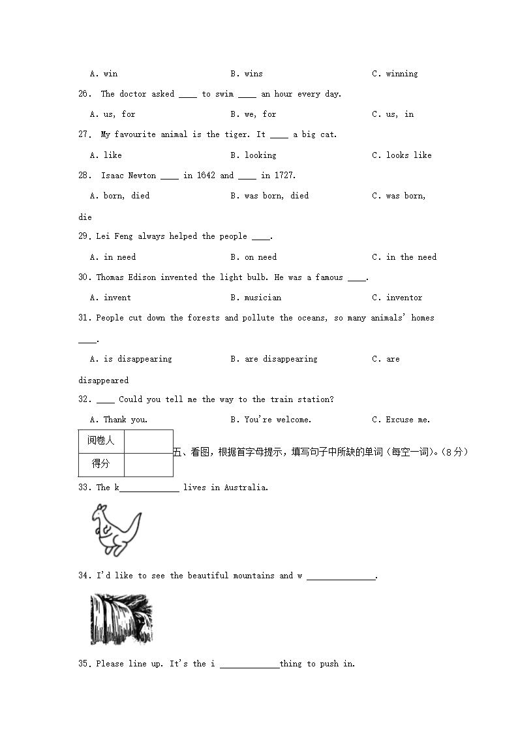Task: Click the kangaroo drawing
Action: pyautogui.click(x=116, y=529)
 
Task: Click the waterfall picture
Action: pyautogui.click(x=121, y=619)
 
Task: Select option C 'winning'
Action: pyautogui.click(x=395, y=74)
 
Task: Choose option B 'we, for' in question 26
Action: pyautogui.click(x=253, y=114)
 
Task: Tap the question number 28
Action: pyautogui.click(x=85, y=176)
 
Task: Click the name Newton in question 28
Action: pyautogui.click(x=142, y=176)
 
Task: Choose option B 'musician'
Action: pyautogui.click(x=256, y=298)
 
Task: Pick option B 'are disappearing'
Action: pyautogui.click(x=274, y=359)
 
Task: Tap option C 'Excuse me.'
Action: pyautogui.click(x=401, y=420)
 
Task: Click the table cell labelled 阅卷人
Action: pyautogui.click(x=101, y=441)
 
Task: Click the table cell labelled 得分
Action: pyautogui.click(x=101, y=464)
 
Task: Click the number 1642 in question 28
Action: pyautogui.click(x=205, y=176)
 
